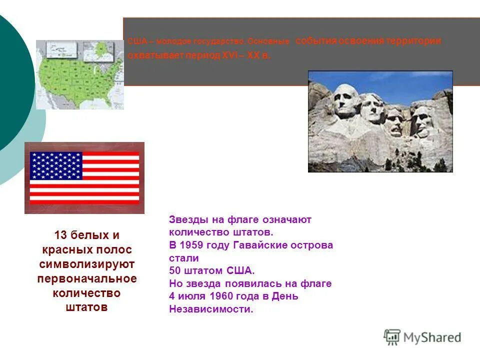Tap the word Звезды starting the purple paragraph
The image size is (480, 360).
tap(186, 219)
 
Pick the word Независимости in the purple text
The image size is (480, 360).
tap(210, 309)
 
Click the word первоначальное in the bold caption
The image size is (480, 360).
tap(86, 278)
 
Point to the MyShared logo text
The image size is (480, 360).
tap(432, 337)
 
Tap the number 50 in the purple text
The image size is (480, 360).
tap(175, 271)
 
